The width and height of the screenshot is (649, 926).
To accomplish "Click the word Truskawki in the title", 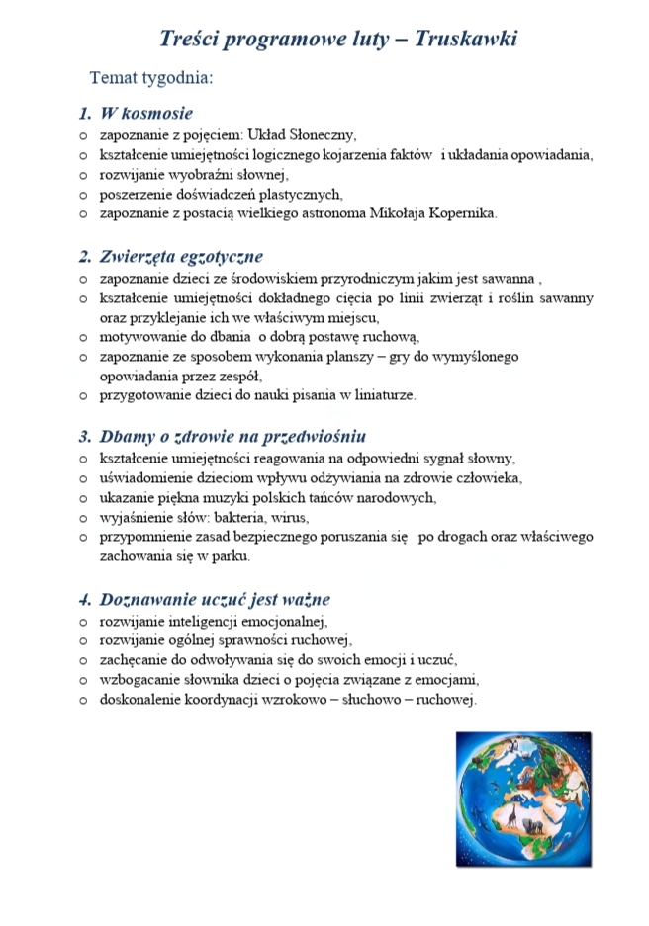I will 466,39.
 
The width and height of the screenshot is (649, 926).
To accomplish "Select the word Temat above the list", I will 115,76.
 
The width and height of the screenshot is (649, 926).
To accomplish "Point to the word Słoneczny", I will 322,134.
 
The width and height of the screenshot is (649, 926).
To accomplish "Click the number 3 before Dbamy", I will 85,436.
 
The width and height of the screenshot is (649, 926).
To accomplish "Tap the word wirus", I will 294,517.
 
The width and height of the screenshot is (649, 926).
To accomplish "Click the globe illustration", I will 523,798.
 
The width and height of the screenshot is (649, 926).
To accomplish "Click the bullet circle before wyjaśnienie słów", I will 84,518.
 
